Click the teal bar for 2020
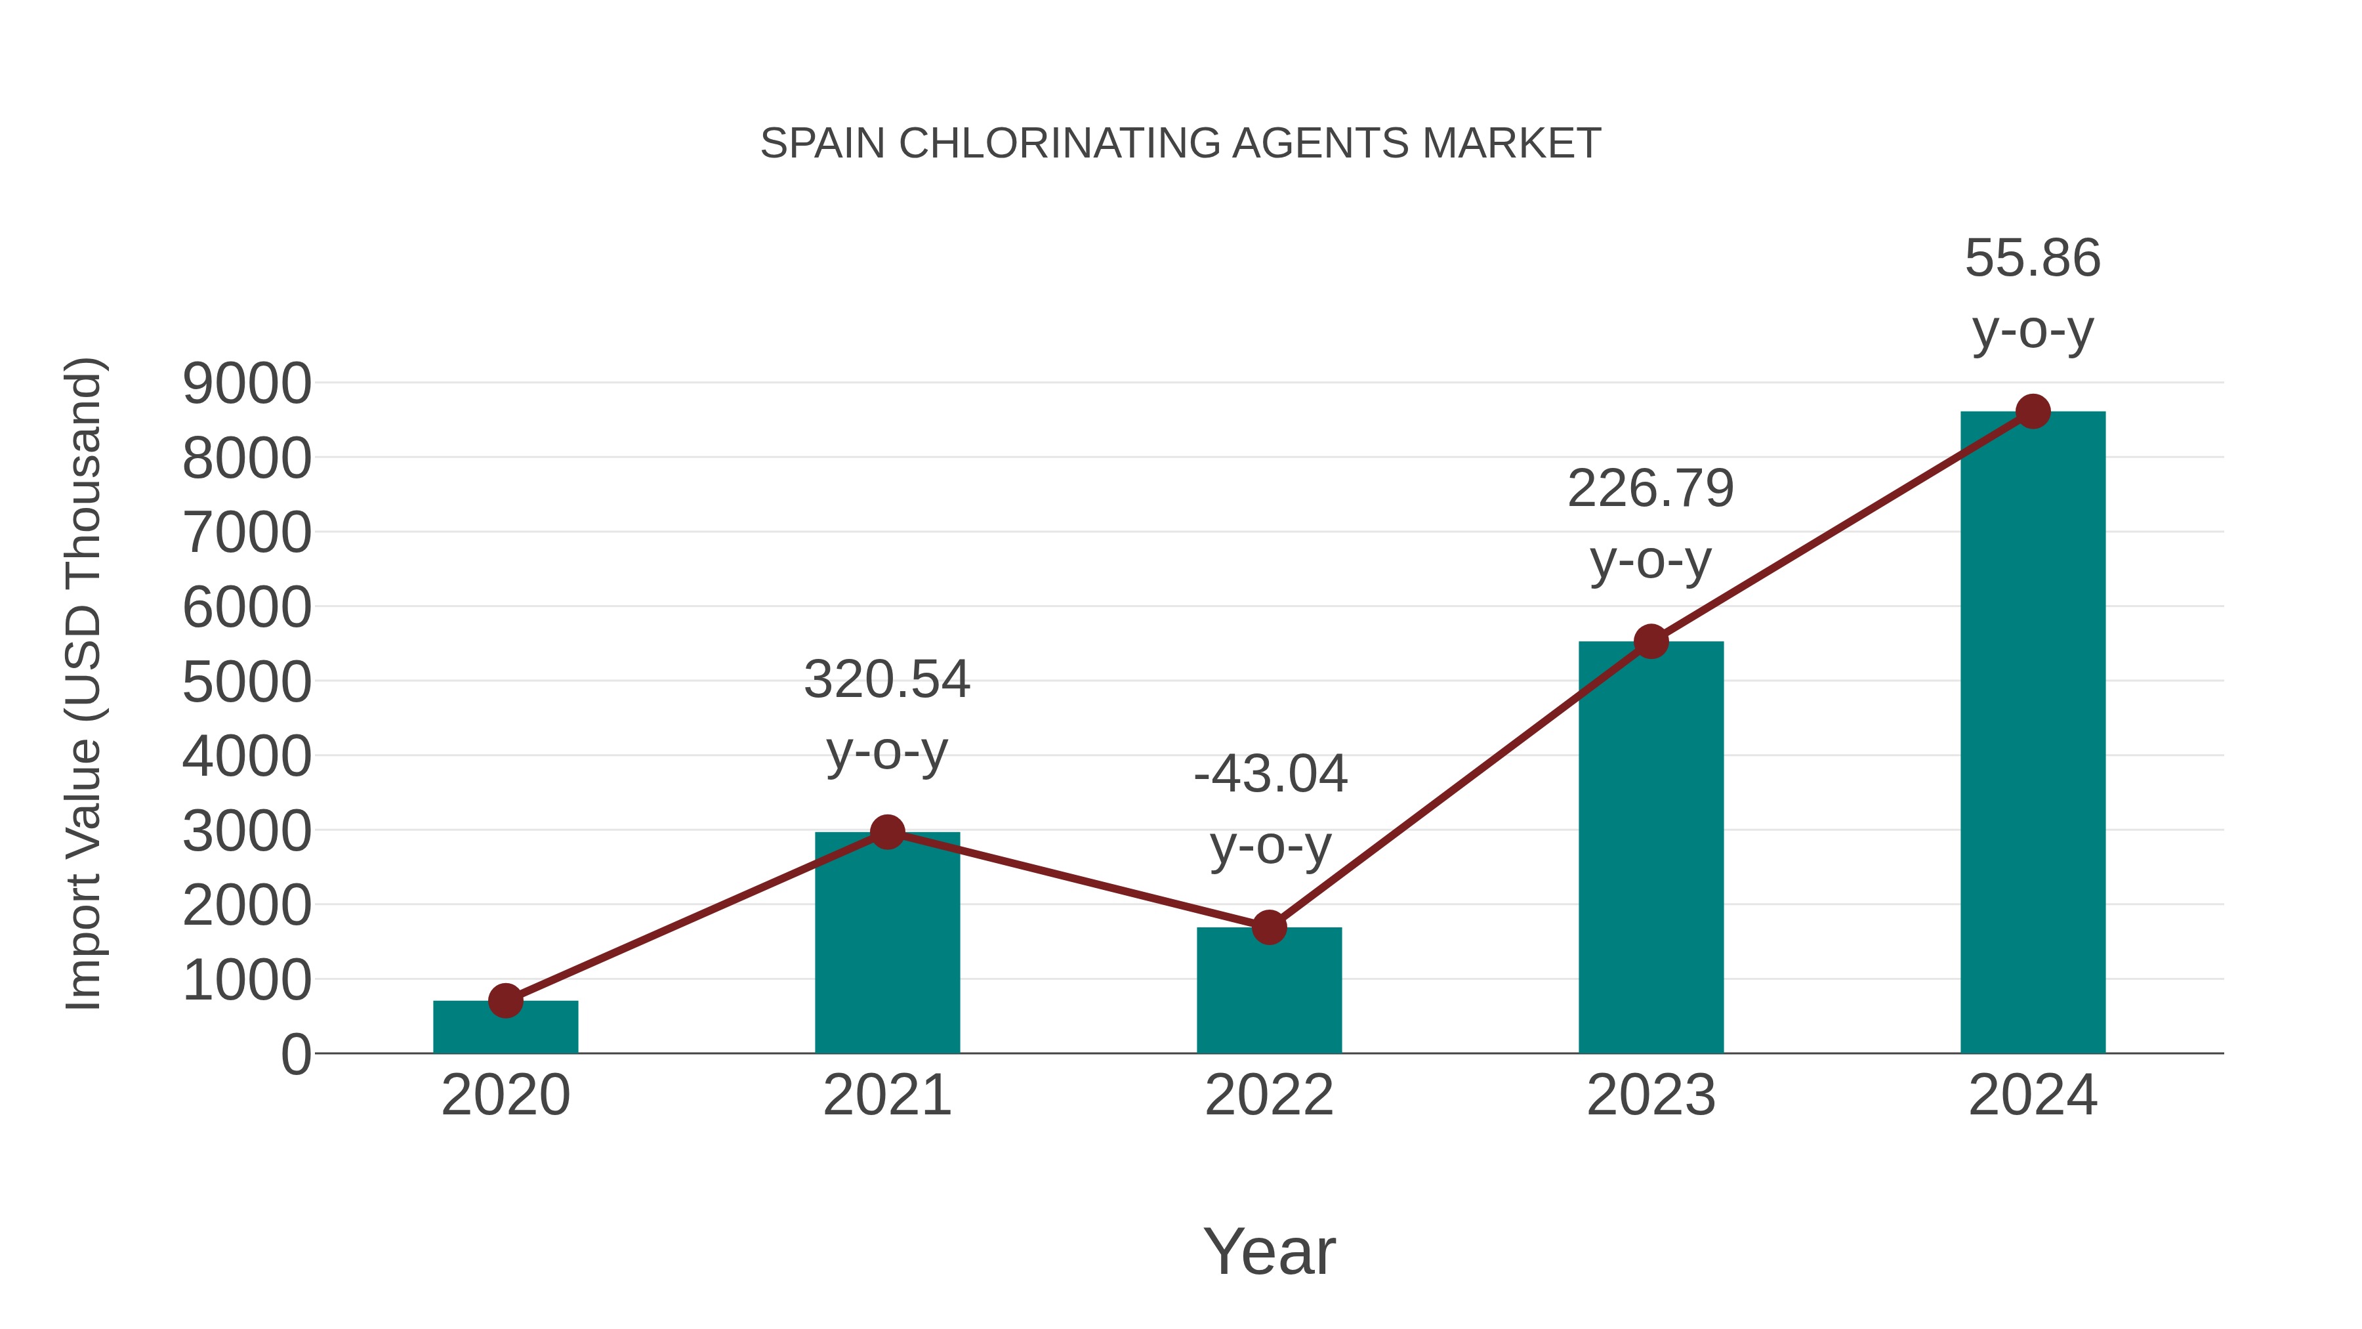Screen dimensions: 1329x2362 [505, 1029]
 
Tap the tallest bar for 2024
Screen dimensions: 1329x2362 [2033, 734]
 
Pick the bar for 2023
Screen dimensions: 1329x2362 [1651, 849]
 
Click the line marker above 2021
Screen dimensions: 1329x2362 [886, 833]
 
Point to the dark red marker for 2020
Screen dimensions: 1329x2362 [505, 1001]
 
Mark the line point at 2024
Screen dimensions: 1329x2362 [2033, 411]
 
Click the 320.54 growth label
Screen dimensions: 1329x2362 [886, 680]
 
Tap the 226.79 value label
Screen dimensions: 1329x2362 [1651, 489]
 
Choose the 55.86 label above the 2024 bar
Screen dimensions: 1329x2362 [2033, 259]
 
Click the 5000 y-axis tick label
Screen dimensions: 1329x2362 [247, 683]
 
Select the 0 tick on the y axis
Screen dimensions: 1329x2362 [295, 1055]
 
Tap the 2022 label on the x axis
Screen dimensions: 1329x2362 [1269, 1096]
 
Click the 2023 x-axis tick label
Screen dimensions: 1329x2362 [1651, 1096]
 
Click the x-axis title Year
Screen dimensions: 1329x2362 [1269, 1252]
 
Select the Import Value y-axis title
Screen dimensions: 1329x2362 [83, 683]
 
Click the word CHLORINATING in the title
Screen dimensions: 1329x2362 [1061, 144]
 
